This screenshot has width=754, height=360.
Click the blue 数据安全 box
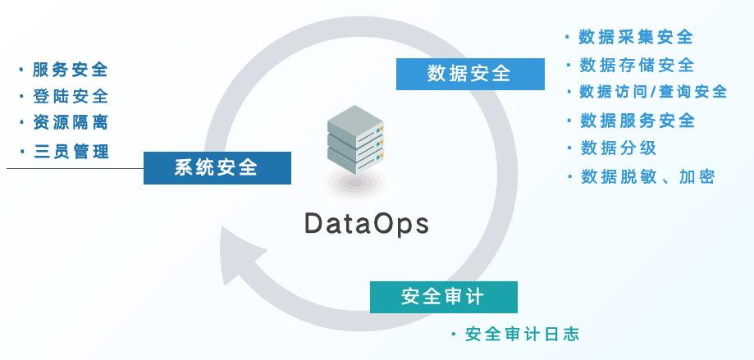(469, 75)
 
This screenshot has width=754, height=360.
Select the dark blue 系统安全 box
(217, 168)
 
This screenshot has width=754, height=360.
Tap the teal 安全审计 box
(443, 297)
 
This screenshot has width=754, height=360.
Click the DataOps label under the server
(367, 224)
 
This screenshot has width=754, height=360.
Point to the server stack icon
(355, 144)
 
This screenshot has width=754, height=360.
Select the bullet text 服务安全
(71, 70)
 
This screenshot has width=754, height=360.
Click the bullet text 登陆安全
(71, 96)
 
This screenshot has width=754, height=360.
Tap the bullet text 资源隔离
(71, 123)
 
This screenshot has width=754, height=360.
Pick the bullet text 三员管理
(71, 152)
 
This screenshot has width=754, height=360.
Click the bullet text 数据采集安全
(636, 37)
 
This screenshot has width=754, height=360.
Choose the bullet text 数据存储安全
(637, 65)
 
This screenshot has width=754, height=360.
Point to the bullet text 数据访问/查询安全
(653, 92)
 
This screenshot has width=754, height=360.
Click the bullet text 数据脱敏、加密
(647, 176)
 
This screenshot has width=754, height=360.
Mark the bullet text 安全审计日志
(522, 335)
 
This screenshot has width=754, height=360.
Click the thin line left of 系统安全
(74, 169)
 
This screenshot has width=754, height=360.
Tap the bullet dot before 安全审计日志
(454, 334)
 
